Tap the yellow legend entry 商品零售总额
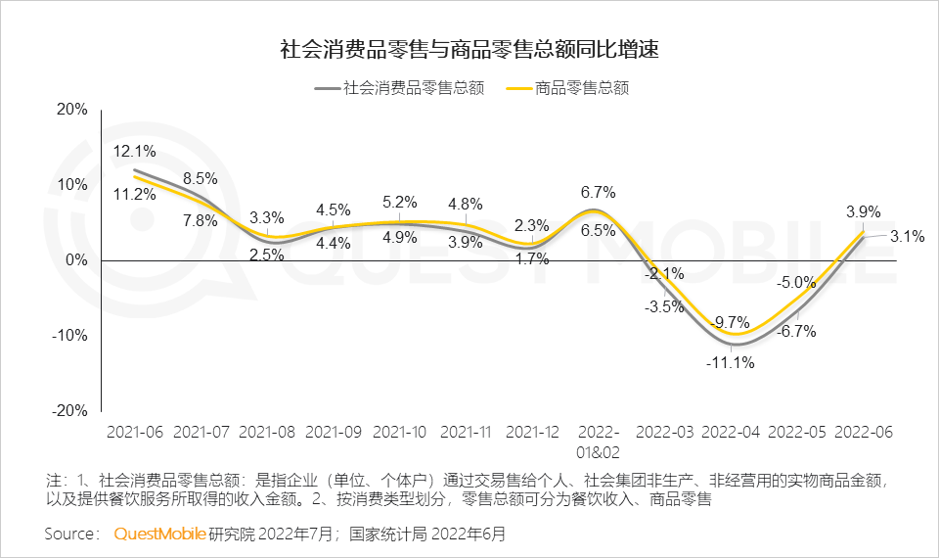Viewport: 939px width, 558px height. [567, 88]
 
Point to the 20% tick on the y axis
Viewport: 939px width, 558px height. [71, 110]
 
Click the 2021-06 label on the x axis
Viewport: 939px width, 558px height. [135, 432]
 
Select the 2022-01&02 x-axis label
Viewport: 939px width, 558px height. [600, 442]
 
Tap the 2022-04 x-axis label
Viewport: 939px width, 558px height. [733, 432]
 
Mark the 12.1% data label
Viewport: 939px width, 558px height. [134, 152]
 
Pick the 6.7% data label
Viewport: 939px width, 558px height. [598, 192]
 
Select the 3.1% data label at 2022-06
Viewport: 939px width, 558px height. [908, 235]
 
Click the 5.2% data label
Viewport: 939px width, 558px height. [400, 203]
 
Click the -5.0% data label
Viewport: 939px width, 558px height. [796, 283]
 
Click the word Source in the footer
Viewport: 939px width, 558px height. [71, 534]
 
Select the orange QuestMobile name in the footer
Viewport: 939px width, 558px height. [159, 534]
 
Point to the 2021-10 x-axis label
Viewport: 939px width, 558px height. [400, 432]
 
